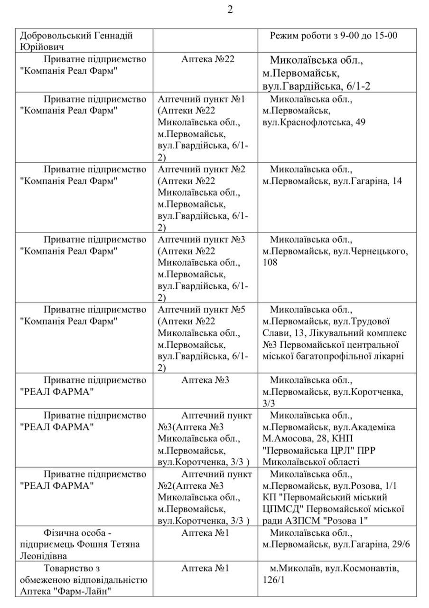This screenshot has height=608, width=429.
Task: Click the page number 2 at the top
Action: pyautogui.click(x=230, y=10)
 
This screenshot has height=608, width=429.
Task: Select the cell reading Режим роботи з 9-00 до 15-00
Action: pyautogui.click(x=334, y=36)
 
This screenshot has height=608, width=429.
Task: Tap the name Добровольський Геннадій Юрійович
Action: pyautogui.click(x=76, y=41)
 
